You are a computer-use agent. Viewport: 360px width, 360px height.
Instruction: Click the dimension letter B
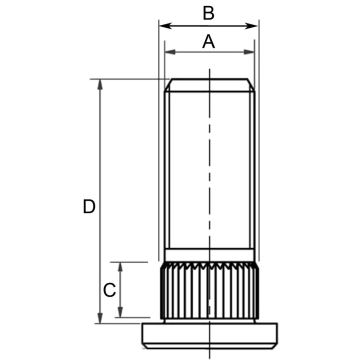coord(209,14)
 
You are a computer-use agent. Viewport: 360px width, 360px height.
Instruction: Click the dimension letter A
coord(209,42)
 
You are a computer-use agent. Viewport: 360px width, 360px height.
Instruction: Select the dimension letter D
coord(89,207)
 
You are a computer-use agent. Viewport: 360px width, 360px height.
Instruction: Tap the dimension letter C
coord(110,290)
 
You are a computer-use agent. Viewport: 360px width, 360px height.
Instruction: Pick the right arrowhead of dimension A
coord(249,52)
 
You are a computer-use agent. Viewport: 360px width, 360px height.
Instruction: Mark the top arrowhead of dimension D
coord(100,85)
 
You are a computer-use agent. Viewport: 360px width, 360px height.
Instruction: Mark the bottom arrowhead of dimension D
coord(100,318)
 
